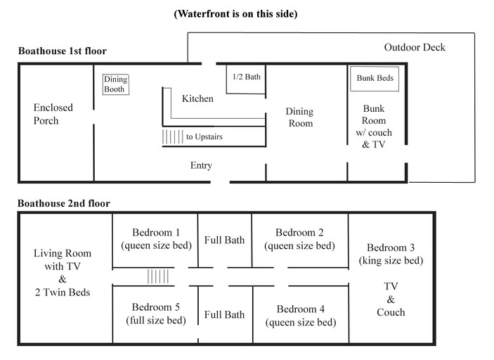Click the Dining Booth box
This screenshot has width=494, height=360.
coord(115,85)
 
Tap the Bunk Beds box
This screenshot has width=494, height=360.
coord(375,79)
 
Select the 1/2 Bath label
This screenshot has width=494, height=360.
coord(246,77)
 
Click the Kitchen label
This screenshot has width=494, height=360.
coord(197,98)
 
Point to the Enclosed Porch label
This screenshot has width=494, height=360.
coord(53,114)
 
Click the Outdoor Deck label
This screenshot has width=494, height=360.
coord(415,47)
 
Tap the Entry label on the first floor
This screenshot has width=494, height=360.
coord(201,165)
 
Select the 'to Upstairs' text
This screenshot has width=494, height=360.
coord(204,136)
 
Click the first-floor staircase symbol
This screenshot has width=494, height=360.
coord(172,137)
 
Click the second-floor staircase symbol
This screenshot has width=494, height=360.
coord(158,276)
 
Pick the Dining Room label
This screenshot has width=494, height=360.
coord(299,117)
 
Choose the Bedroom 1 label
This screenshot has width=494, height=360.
coord(156,233)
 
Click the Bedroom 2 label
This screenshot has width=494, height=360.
coord(299,233)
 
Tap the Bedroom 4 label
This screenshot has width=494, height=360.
coord(301,309)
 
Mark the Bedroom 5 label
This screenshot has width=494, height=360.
coord(156,307)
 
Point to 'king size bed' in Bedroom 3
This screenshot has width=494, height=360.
coord(391,260)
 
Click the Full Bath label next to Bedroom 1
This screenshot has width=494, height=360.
coord(225,240)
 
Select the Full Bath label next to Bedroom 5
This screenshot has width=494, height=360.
coord(225,314)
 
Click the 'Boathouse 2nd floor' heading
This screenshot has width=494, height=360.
coord(64,203)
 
